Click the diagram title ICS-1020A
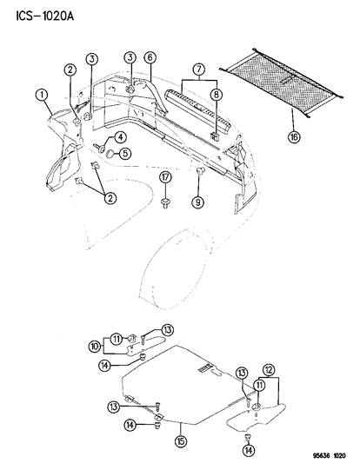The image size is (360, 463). [x=44, y=17]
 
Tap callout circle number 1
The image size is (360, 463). [x=42, y=96]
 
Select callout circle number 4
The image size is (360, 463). [x=120, y=137]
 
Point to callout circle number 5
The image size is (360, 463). [x=125, y=154]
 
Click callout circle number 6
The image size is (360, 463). [x=150, y=57]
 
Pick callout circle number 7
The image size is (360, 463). [x=198, y=69]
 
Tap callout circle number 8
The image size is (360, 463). [x=217, y=95]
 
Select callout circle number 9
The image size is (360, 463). [x=197, y=202]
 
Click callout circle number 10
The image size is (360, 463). [x=95, y=346]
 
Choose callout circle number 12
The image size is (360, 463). [x=269, y=370]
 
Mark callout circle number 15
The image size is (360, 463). [x=181, y=442]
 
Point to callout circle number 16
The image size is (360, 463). [x=295, y=136]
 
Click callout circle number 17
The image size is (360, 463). [x=165, y=178]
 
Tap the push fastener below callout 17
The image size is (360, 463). [x=164, y=203]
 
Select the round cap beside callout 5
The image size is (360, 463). [x=110, y=154]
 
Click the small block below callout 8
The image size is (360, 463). [x=214, y=136]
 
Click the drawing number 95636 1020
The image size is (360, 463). [x=329, y=456]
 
